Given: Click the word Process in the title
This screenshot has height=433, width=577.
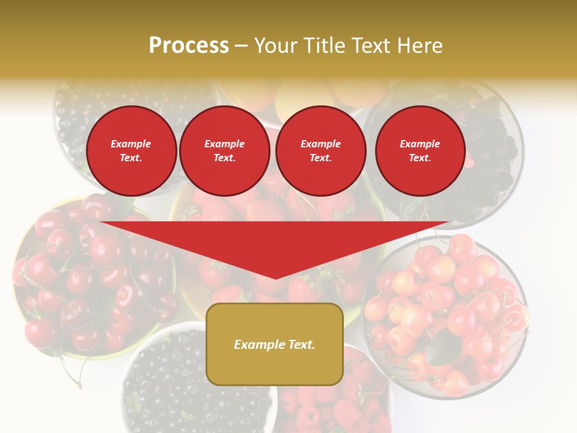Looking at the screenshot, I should (189, 46).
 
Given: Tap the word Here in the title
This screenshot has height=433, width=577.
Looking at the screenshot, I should (420, 46).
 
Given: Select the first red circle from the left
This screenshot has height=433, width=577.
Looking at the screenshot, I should (131, 150).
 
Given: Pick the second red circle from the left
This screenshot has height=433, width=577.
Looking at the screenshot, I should (224, 150).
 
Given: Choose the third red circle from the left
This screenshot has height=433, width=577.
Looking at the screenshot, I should (320, 150).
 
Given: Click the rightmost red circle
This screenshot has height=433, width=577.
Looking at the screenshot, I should (420, 150).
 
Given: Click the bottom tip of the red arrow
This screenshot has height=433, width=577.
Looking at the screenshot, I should (274, 277).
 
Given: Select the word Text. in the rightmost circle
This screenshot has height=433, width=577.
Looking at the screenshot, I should (420, 158).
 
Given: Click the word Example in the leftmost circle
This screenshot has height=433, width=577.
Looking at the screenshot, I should (131, 144).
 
